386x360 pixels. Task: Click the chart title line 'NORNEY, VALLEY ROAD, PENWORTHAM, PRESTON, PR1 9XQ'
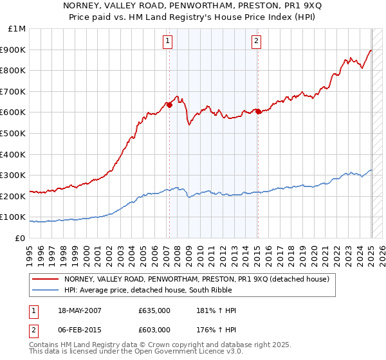click(193, 5)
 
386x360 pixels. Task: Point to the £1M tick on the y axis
click(17, 29)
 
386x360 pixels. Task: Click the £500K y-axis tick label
click(14, 134)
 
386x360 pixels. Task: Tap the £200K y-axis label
click(14, 196)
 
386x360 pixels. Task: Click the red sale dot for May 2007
click(170, 105)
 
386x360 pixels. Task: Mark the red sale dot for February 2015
click(258, 112)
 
